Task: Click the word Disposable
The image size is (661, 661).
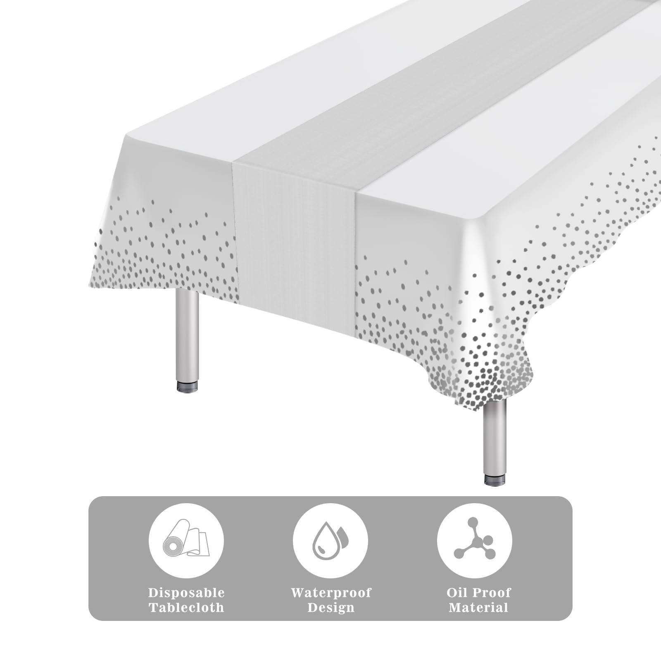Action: pyautogui.click(x=186, y=593)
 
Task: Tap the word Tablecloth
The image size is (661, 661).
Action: pyautogui.click(x=186, y=608)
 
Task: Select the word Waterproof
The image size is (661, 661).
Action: pyautogui.click(x=331, y=593)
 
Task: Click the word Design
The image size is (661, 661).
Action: pyautogui.click(x=331, y=608)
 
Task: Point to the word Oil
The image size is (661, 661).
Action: pyautogui.click(x=457, y=593)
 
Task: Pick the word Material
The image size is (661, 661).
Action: pyautogui.click(x=478, y=608)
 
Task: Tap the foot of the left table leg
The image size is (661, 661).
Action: pyautogui.click(x=187, y=387)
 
